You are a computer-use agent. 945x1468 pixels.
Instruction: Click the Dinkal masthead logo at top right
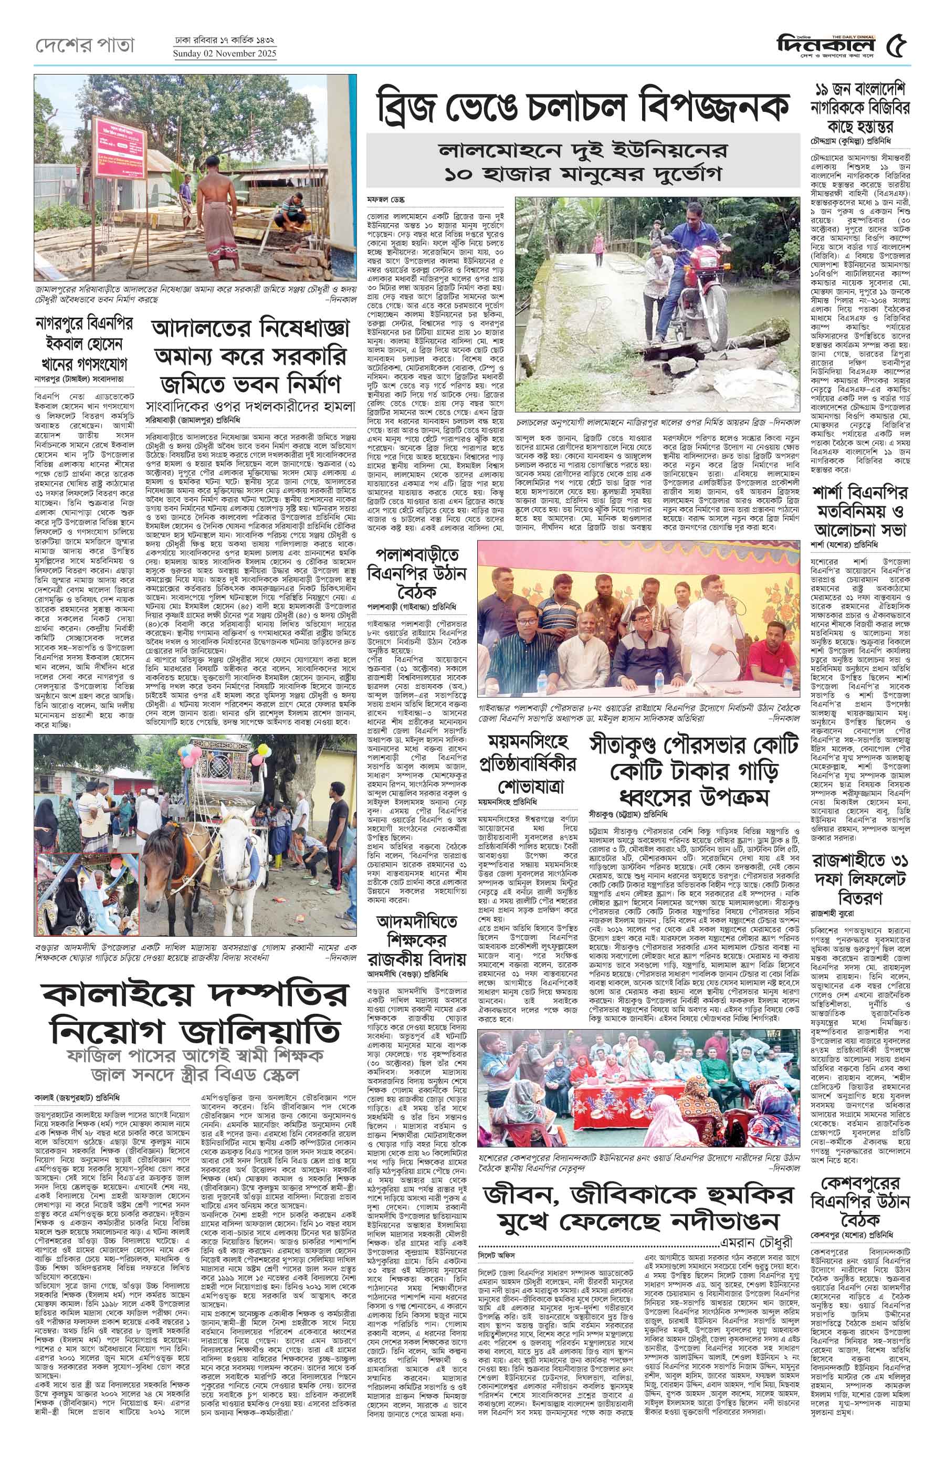click(x=829, y=46)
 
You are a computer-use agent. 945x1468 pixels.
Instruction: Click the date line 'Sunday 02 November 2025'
click(x=225, y=54)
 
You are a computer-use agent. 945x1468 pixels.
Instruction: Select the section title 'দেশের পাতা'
click(x=84, y=45)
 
